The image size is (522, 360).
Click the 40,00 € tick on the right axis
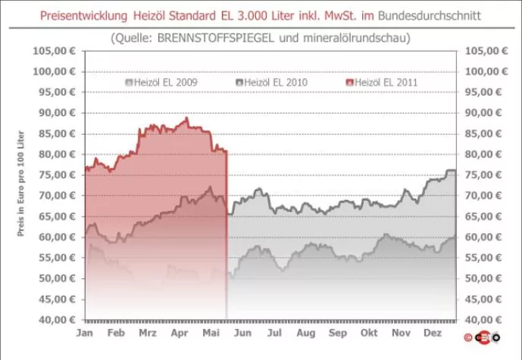click(486, 320)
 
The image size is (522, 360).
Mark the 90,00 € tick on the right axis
click(486, 113)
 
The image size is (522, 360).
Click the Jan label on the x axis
click(85, 333)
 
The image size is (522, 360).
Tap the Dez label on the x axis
click(433, 333)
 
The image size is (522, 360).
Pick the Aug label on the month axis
click(305, 333)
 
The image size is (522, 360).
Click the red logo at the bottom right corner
click(483, 337)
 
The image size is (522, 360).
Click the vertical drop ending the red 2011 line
click(227, 235)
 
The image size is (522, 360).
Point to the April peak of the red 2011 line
click(186, 118)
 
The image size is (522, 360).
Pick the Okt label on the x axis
click(370, 333)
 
